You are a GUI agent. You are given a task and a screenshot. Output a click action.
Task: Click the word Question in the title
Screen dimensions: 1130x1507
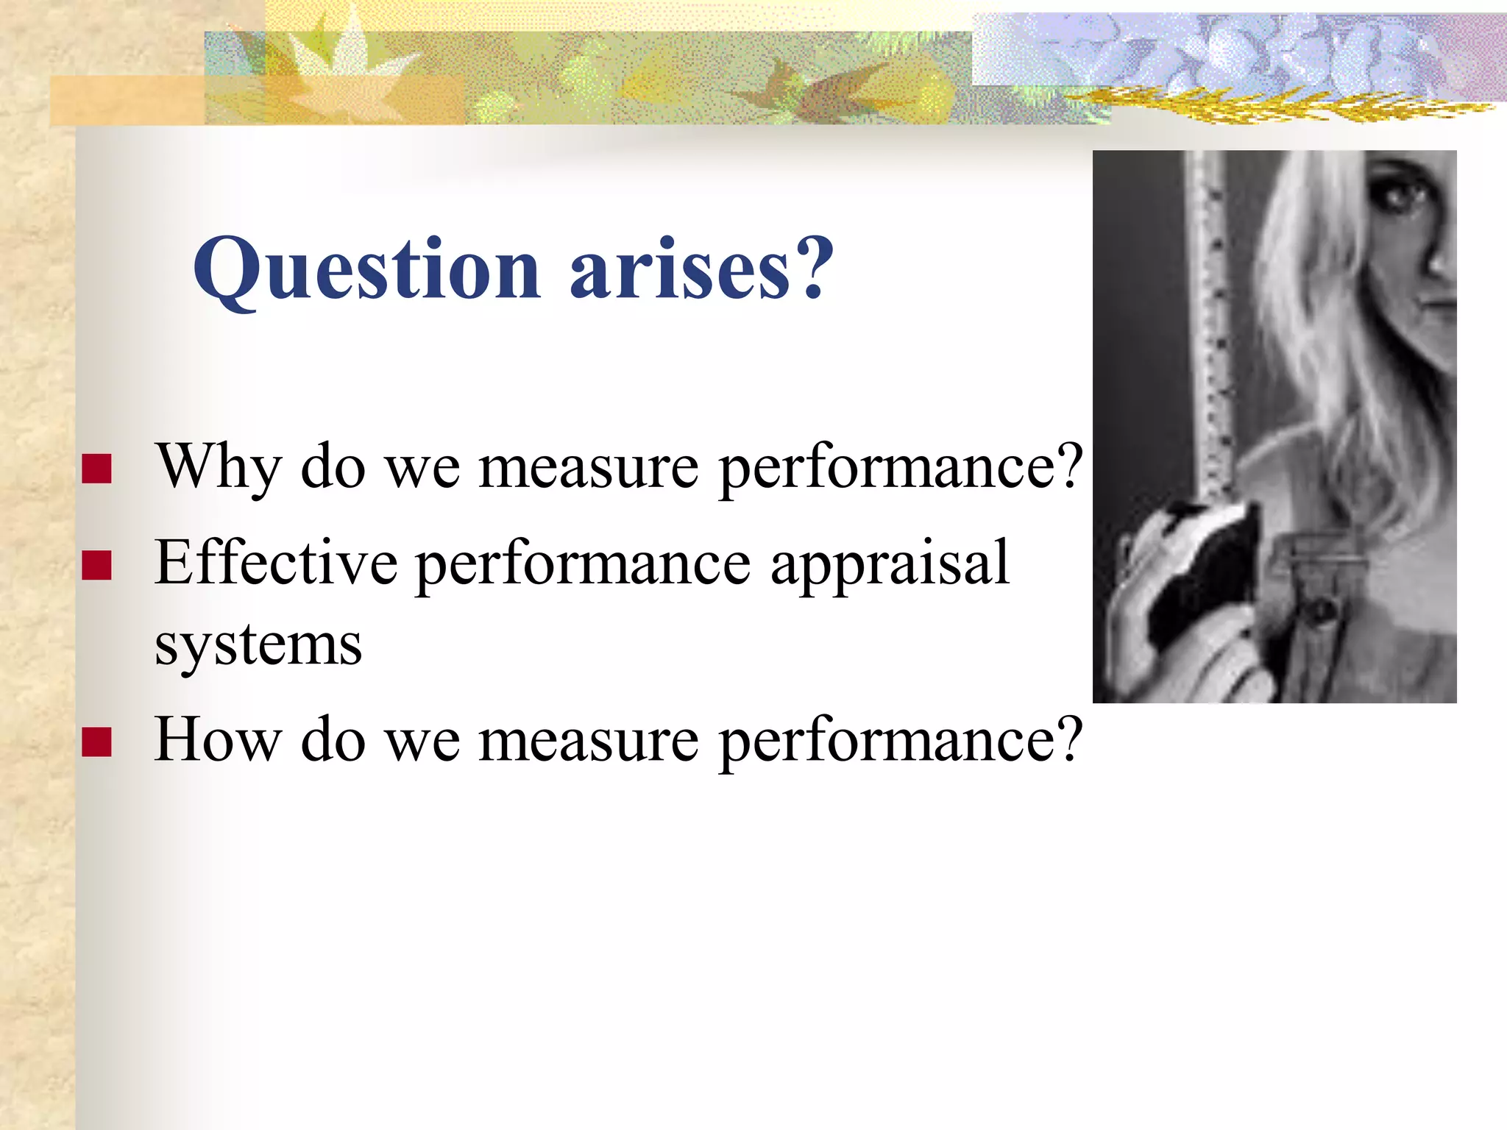(x=366, y=271)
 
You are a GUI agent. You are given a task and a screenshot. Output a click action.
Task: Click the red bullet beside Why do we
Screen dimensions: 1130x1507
(x=96, y=469)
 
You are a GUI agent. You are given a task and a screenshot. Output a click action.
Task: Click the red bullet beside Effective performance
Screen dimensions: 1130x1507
(x=96, y=565)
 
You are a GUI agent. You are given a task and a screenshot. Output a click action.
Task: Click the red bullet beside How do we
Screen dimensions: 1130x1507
(x=96, y=742)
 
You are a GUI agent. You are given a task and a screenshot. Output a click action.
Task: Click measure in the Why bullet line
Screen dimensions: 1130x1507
(x=588, y=468)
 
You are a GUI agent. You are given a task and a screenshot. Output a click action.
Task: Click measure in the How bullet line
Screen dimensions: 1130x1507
(x=588, y=740)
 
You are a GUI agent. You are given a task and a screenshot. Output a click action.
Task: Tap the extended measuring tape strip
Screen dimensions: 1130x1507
(x=1214, y=331)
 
